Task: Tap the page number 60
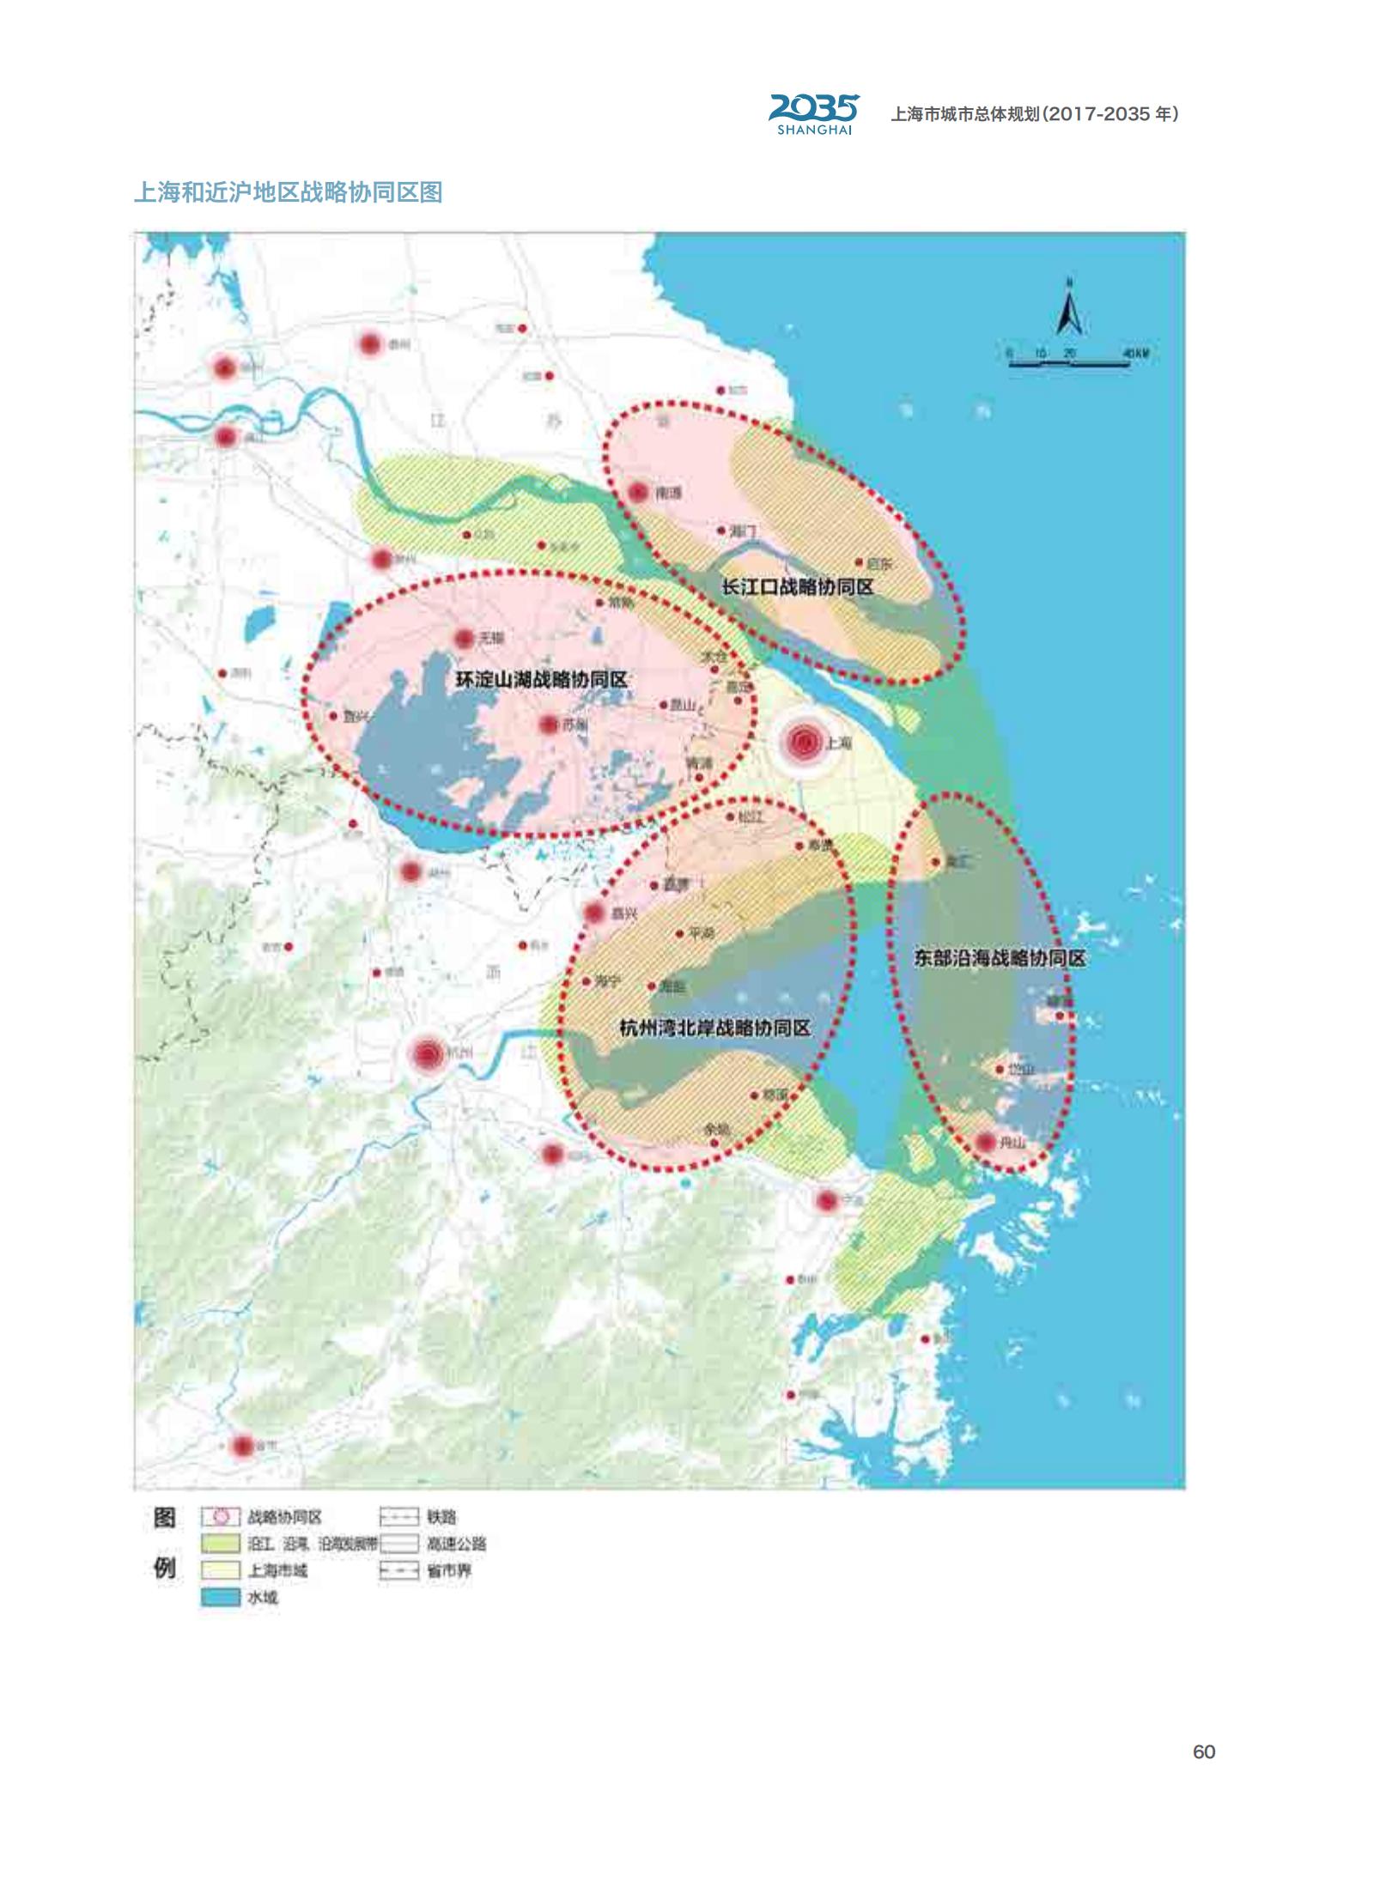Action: pyautogui.click(x=1204, y=1751)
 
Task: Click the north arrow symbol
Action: pyautogui.click(x=1069, y=309)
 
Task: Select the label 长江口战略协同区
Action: pyautogui.click(x=798, y=587)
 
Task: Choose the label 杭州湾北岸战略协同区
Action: pyautogui.click(x=714, y=1028)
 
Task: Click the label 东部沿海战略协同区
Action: pyautogui.click(x=999, y=958)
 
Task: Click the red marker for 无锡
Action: pyautogui.click(x=464, y=638)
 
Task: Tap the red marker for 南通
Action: pyautogui.click(x=638, y=493)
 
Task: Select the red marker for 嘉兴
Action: pyautogui.click(x=594, y=913)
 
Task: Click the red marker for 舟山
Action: pyautogui.click(x=985, y=1142)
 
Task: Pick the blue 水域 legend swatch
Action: pyautogui.click(x=220, y=1598)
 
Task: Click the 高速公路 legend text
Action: pyautogui.click(x=456, y=1544)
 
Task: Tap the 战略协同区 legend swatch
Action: pyautogui.click(x=220, y=1517)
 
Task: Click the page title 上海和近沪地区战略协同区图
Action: pyautogui.click(x=288, y=192)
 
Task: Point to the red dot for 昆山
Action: pyautogui.click(x=664, y=705)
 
